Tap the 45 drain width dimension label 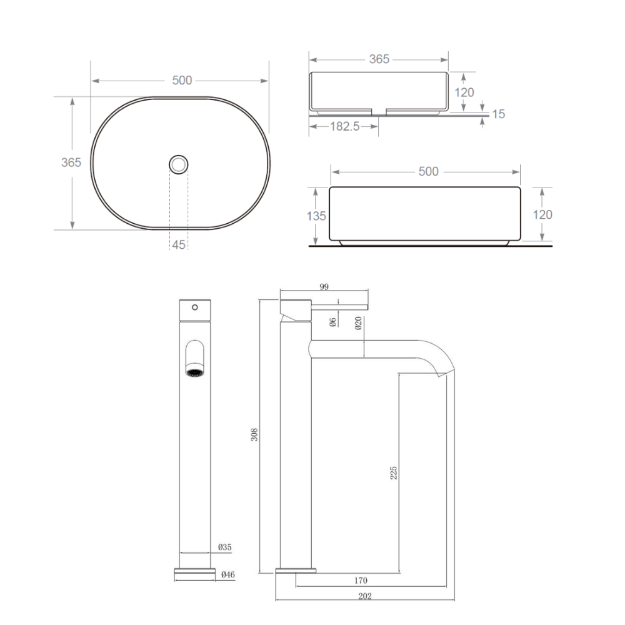click(x=179, y=244)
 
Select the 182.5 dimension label click(x=345, y=126)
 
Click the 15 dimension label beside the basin click(x=498, y=114)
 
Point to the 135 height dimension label click(x=316, y=216)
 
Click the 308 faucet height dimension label click(x=254, y=434)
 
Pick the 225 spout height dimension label click(x=393, y=472)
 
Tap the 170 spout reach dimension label click(x=361, y=581)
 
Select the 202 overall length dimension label click(x=365, y=596)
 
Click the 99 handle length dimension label click(x=324, y=287)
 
